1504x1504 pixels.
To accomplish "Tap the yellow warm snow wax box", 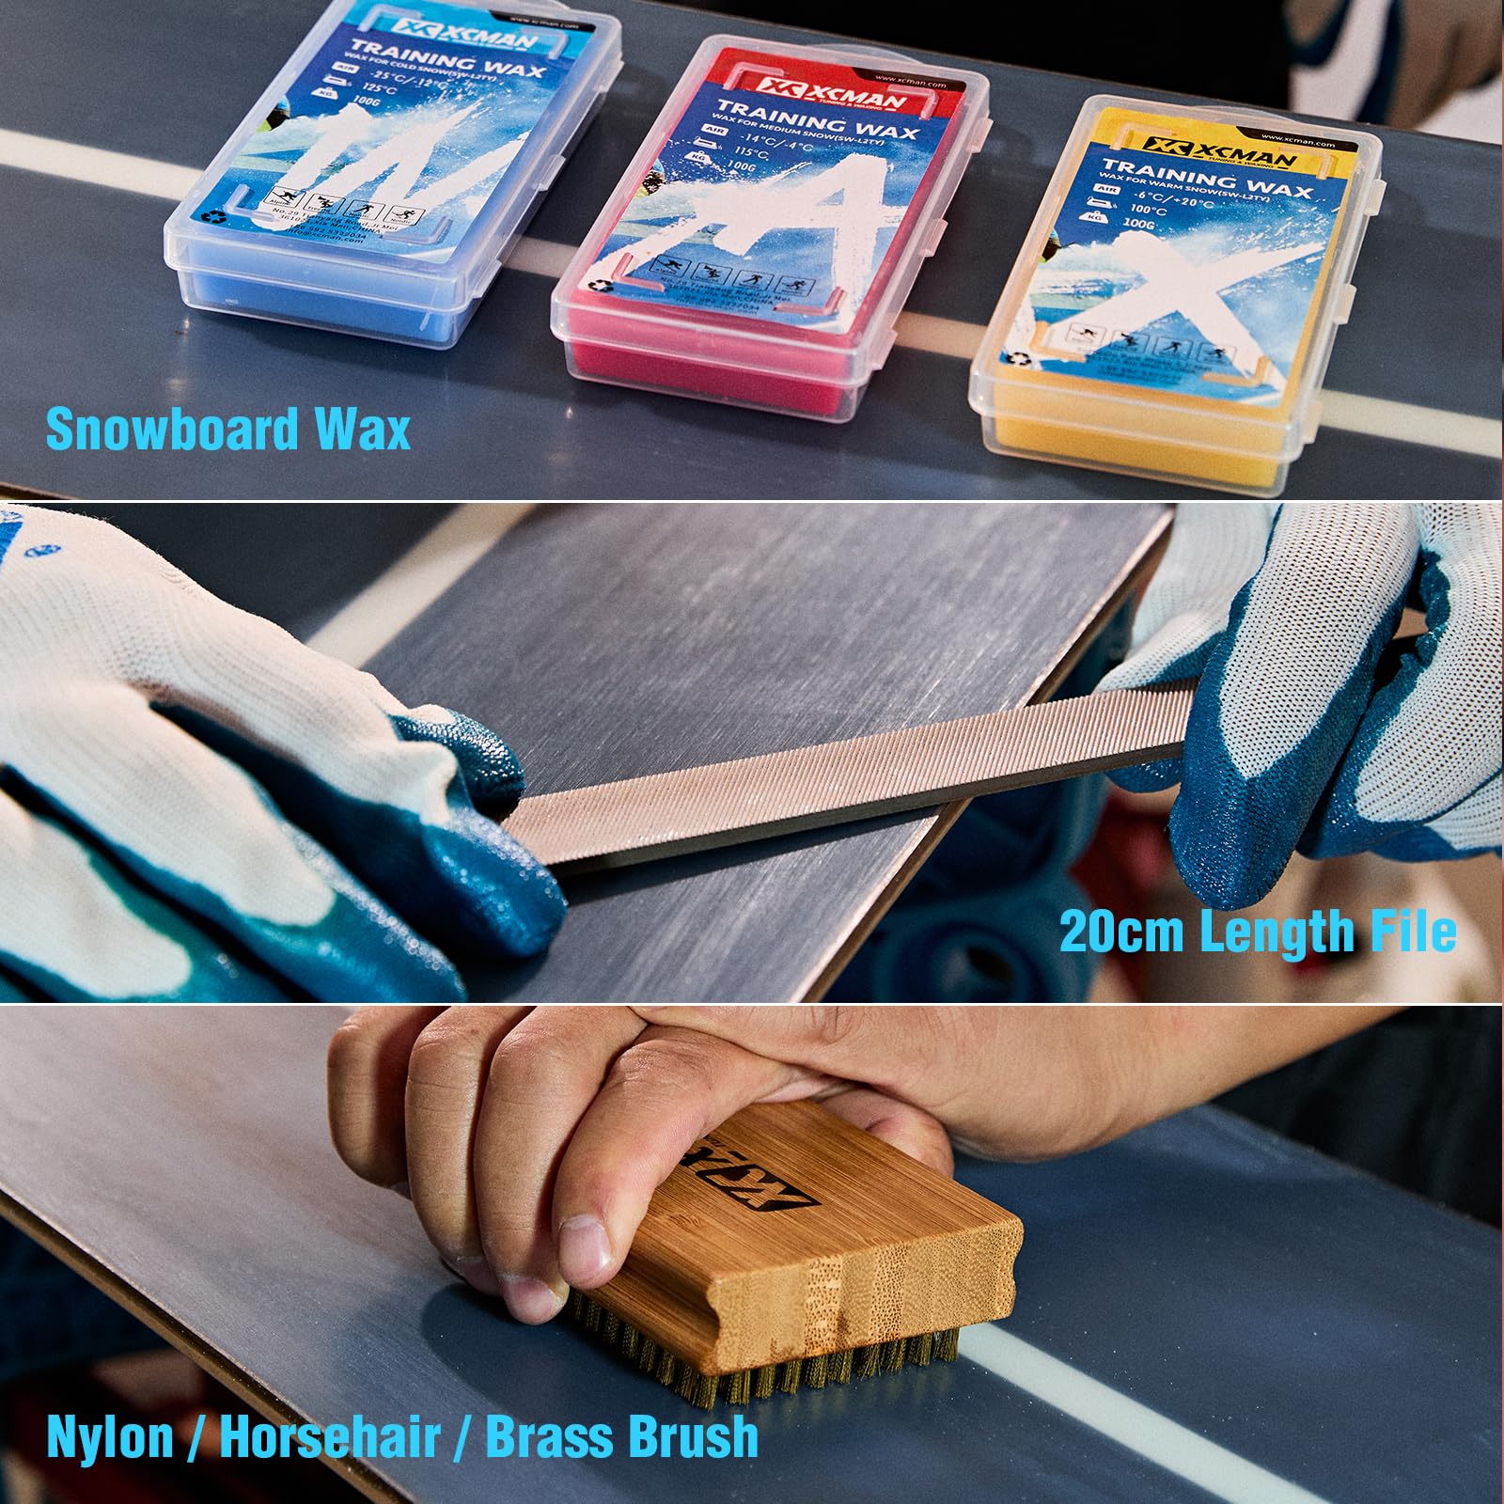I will [1175, 301].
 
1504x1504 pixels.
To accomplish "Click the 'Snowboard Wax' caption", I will [228, 430].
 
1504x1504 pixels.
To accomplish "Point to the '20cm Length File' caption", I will [1258, 932].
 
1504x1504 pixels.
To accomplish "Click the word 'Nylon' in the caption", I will [110, 1437].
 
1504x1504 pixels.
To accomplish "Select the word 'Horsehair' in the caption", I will [330, 1437].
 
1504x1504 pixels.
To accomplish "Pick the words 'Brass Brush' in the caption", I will [621, 1437].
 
